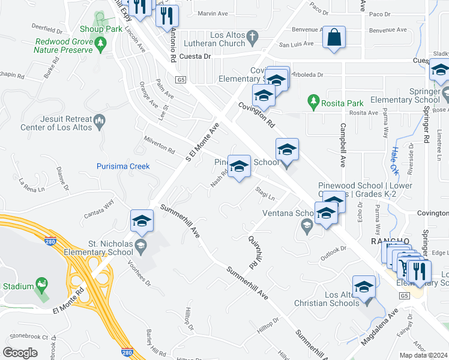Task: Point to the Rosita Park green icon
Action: tap(312, 99)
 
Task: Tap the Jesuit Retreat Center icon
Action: tap(100, 123)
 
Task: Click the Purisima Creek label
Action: tap(123, 166)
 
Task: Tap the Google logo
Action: tap(20, 353)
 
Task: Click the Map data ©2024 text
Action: tap(423, 355)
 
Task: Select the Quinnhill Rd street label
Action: tap(253, 251)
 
